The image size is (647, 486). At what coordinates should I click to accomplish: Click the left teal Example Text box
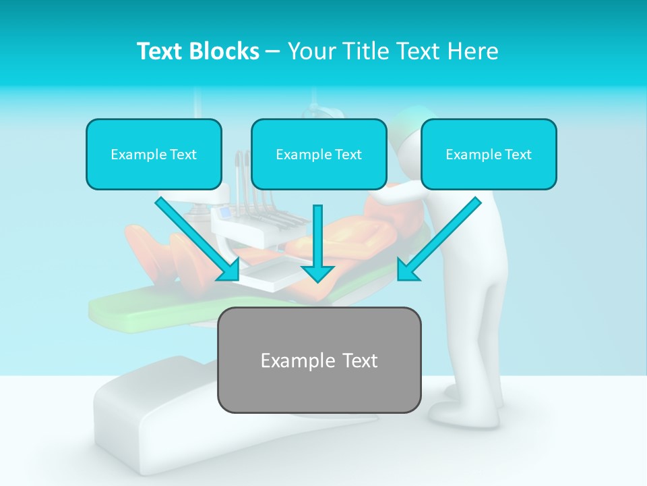coord(154,155)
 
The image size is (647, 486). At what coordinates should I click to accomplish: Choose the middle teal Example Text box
coord(319,155)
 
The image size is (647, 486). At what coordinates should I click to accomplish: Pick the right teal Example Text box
coord(489,155)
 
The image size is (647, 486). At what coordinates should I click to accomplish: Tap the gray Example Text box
coord(319,360)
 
